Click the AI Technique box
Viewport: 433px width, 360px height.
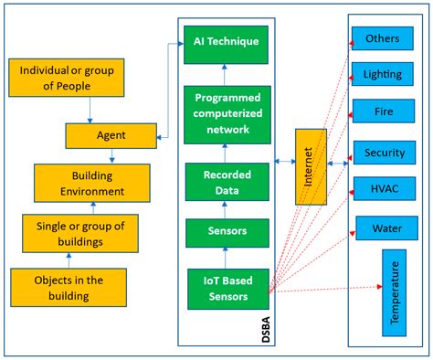click(x=227, y=41)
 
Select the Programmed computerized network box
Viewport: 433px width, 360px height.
click(x=227, y=113)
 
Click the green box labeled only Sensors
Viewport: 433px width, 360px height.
click(x=227, y=233)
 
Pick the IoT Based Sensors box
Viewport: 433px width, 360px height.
click(x=227, y=286)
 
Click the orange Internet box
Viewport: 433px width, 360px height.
click(x=310, y=167)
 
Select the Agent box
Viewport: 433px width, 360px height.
click(x=111, y=136)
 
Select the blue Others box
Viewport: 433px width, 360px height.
click(x=382, y=38)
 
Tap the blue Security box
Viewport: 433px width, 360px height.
click(x=382, y=153)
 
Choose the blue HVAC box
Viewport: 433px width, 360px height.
click(x=382, y=189)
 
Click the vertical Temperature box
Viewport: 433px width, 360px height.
click(x=396, y=294)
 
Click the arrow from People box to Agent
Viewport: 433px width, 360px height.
click(x=90, y=111)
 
